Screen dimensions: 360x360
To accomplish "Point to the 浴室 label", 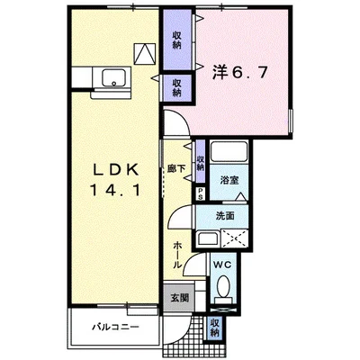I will point(229,180).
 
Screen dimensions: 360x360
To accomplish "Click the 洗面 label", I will point(226,216).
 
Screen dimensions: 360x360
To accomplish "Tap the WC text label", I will point(221,265).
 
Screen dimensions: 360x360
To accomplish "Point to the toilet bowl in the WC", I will point(223,289).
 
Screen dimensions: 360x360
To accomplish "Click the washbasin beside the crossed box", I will point(207,239).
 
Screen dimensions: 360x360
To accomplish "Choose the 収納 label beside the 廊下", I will point(200,157).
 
